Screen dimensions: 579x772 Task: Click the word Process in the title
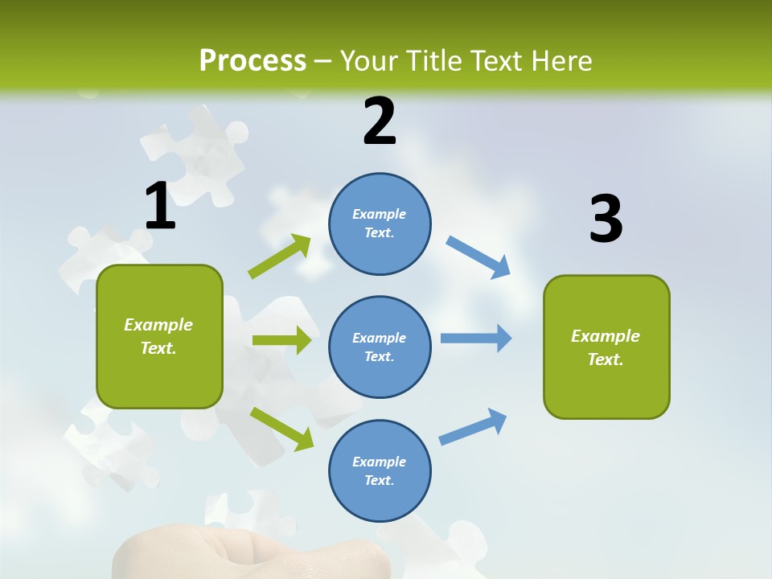pos(253,61)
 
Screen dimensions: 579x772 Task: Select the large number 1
pos(160,206)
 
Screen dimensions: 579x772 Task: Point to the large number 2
pos(380,121)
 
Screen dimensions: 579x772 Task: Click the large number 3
pos(606,219)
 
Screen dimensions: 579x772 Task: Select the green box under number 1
pos(159,336)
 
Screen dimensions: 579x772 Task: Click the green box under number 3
pos(606,347)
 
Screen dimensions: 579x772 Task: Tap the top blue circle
pos(380,224)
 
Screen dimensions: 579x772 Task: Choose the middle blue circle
pos(380,347)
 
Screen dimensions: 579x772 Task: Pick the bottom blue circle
pos(380,471)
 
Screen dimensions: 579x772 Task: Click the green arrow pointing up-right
pos(279,257)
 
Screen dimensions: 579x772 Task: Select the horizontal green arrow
pos(281,340)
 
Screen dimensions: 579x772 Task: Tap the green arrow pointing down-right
pos(281,429)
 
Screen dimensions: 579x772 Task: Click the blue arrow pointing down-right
pos(478,257)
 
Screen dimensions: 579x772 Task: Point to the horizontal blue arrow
pos(476,338)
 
